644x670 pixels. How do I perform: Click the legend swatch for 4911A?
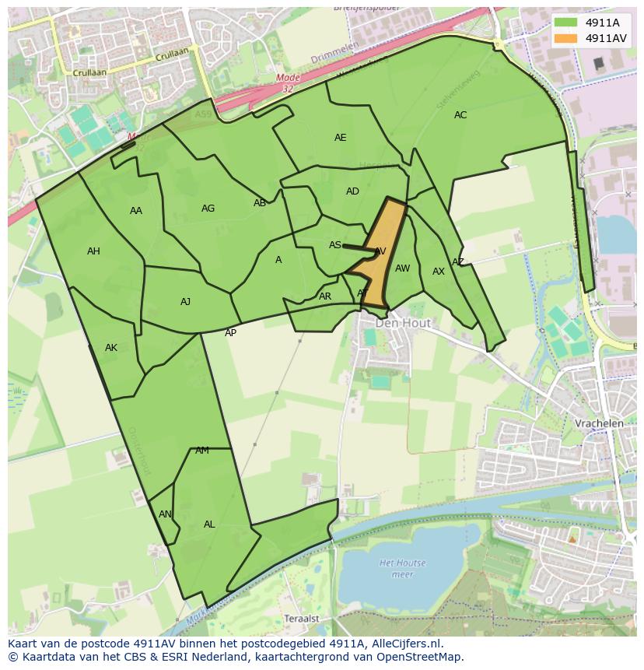(565, 23)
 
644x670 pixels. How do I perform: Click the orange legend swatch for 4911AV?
(565, 38)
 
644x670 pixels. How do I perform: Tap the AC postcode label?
(460, 115)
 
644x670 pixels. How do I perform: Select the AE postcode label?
(340, 138)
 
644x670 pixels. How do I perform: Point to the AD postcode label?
(352, 191)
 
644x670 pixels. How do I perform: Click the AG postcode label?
(208, 209)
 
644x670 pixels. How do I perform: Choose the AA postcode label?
(136, 211)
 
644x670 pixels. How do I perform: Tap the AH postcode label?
(93, 251)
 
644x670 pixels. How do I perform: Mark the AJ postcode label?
(185, 302)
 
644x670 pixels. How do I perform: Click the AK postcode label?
(111, 348)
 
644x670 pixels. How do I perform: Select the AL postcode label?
(209, 524)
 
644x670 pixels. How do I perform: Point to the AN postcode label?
(165, 514)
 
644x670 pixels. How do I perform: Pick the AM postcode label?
(202, 451)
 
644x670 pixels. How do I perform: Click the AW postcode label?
(402, 268)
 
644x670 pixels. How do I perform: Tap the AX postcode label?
(439, 272)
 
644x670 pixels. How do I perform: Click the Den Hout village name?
(398, 322)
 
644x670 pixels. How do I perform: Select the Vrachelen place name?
(599, 423)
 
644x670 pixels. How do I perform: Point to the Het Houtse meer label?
(402, 568)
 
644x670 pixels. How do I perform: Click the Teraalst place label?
(302, 618)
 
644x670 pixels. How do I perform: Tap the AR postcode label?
(325, 296)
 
